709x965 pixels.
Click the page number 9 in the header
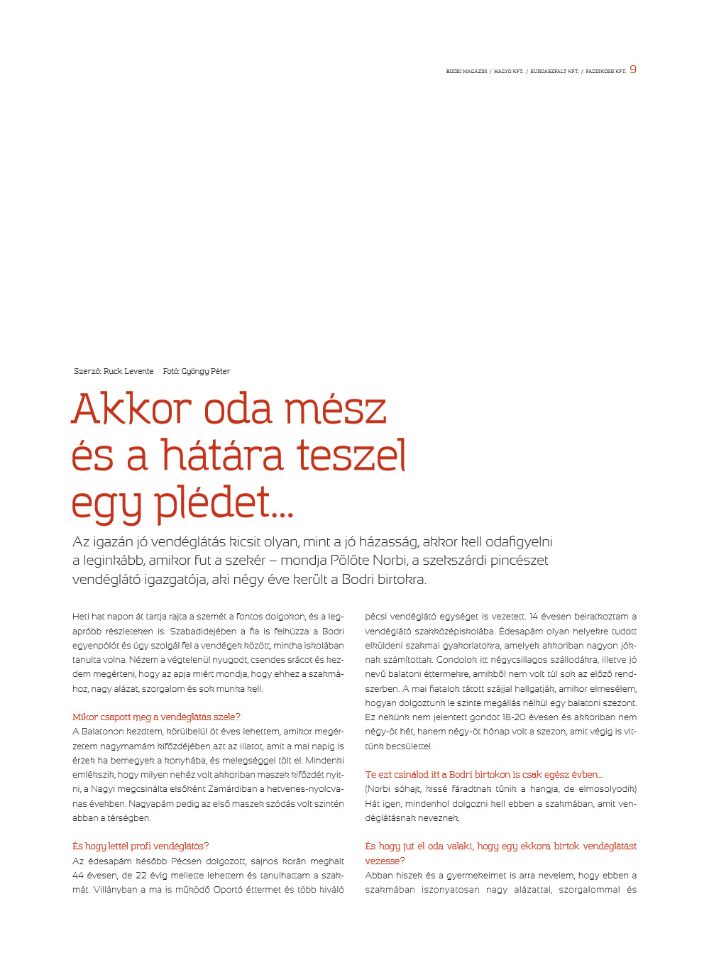[x=633, y=70]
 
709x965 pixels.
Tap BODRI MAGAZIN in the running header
[x=466, y=72]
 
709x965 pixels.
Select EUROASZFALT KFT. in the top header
[x=554, y=72]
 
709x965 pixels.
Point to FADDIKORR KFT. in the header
[x=605, y=72]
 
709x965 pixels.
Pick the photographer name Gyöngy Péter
[x=206, y=371]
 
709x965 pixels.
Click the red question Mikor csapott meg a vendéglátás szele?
[x=156, y=717]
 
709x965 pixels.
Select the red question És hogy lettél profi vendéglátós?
[x=141, y=847]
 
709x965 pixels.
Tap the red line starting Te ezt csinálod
[x=484, y=775]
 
